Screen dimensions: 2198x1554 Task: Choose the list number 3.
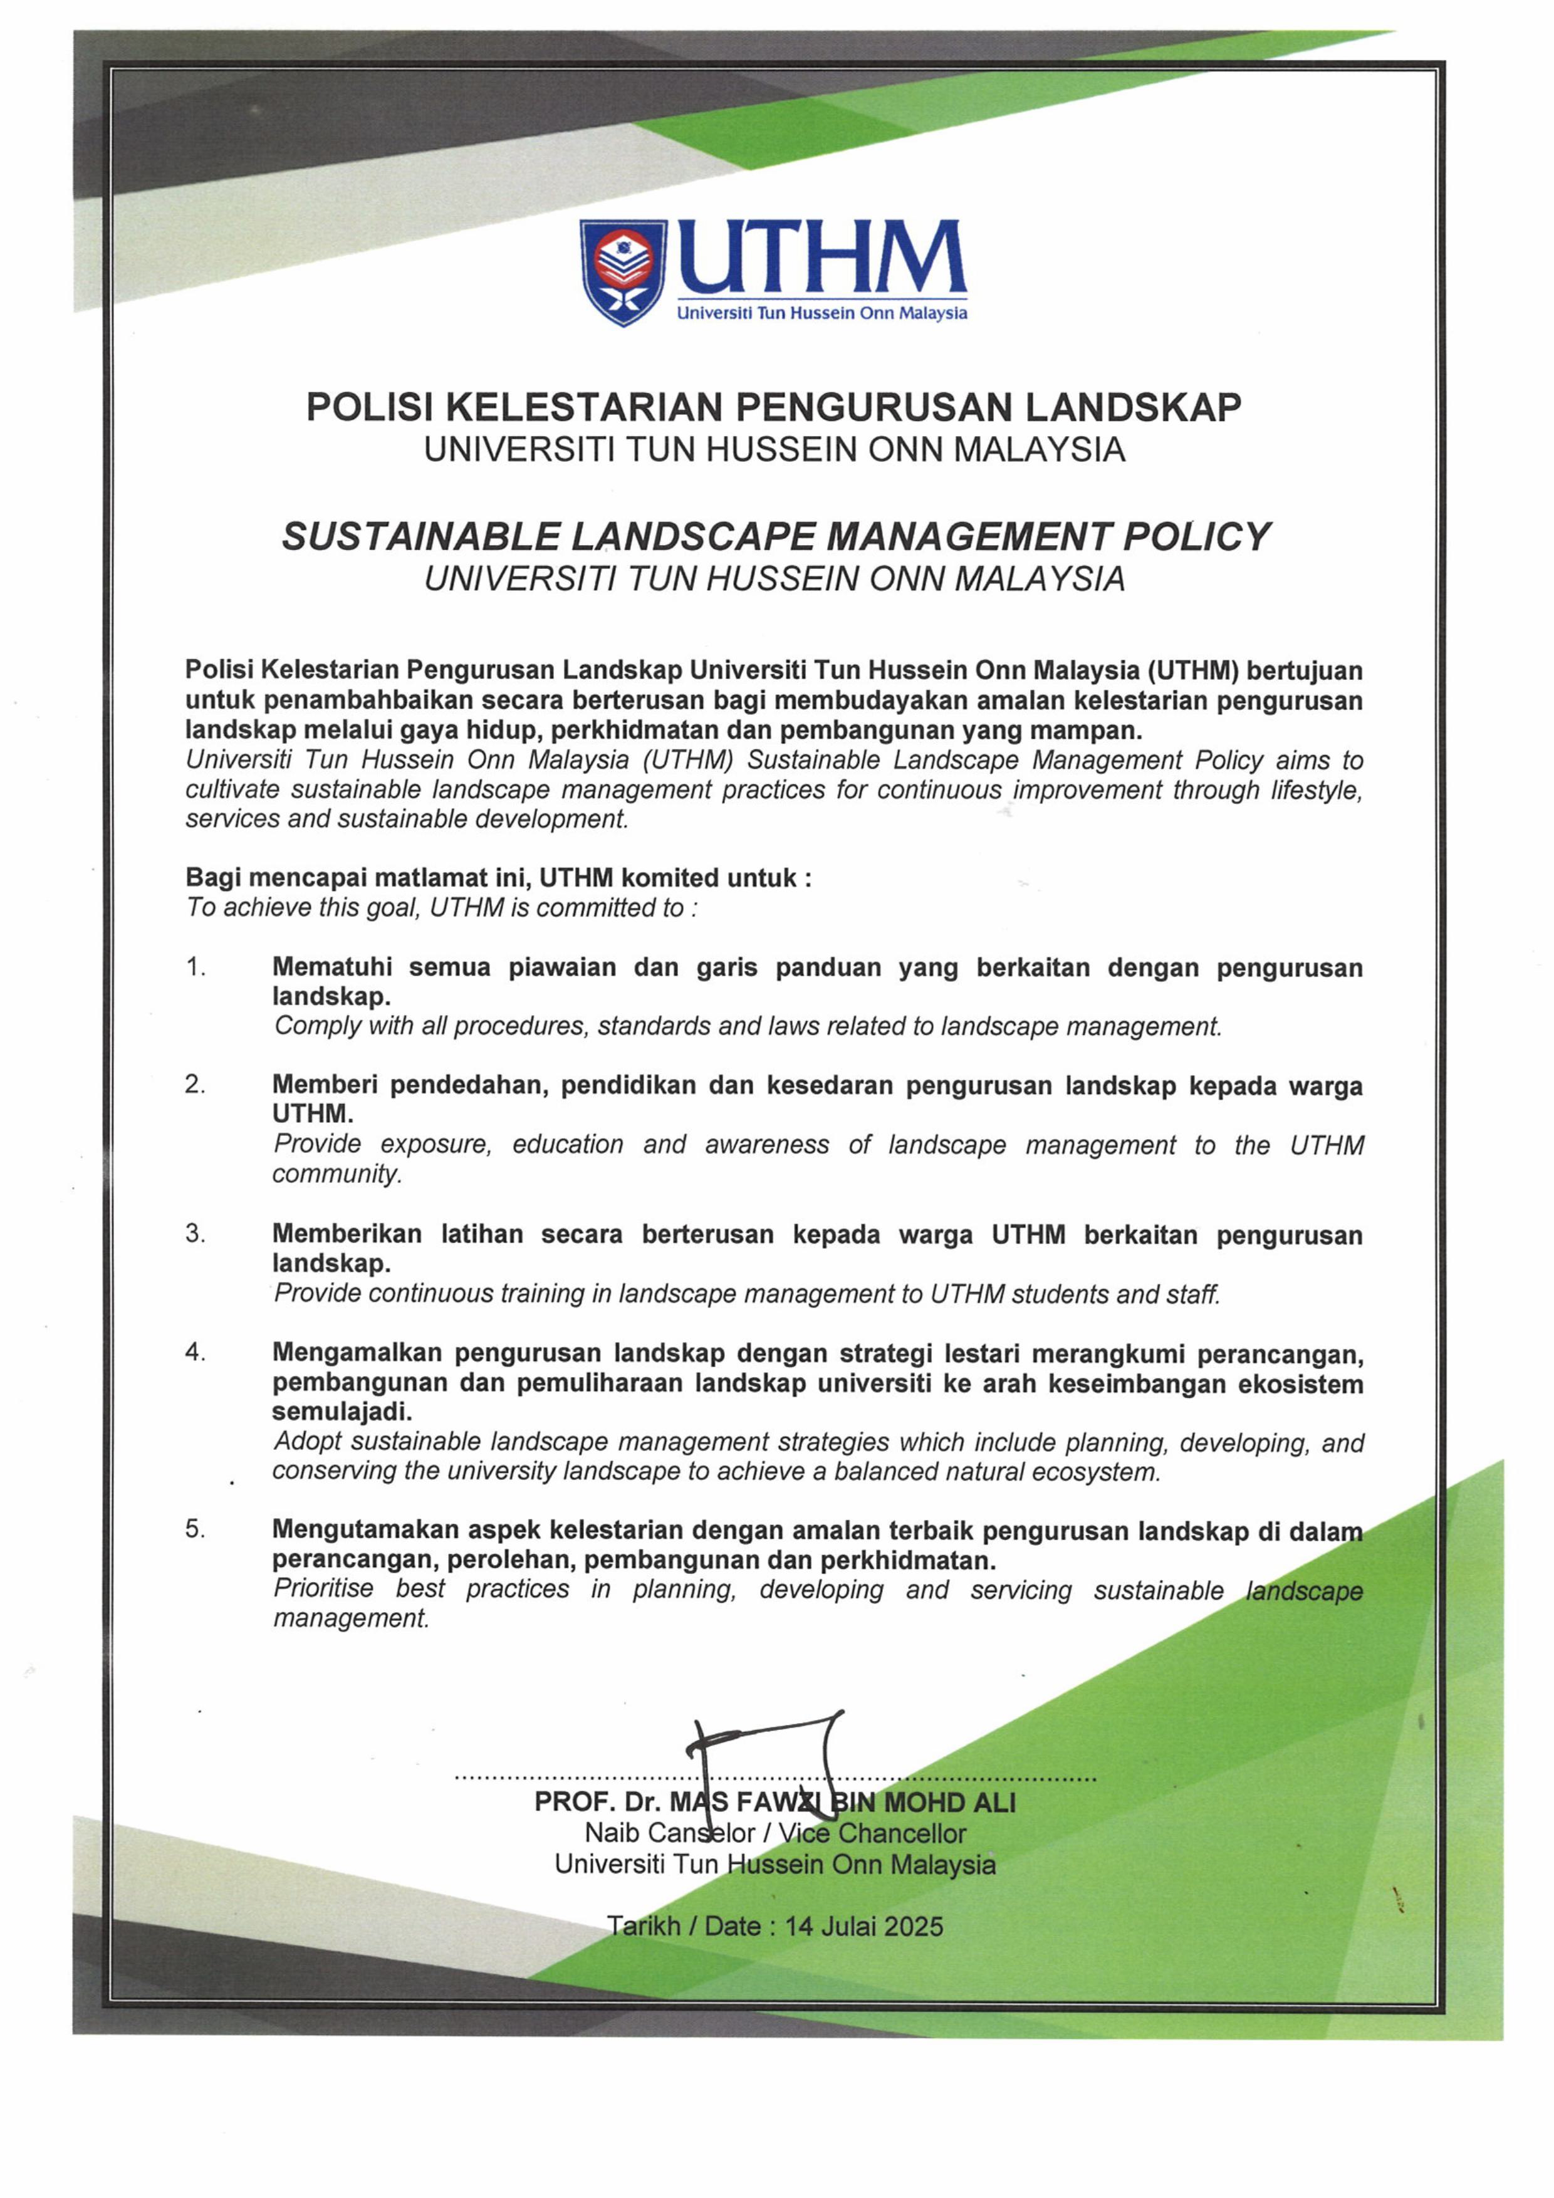click(x=196, y=1234)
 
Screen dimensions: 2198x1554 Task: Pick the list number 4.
click(x=196, y=1353)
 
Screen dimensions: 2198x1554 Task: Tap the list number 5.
click(x=196, y=1530)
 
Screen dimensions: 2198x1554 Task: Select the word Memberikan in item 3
click(x=347, y=1235)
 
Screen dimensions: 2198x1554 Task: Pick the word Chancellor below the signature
click(x=902, y=1833)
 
